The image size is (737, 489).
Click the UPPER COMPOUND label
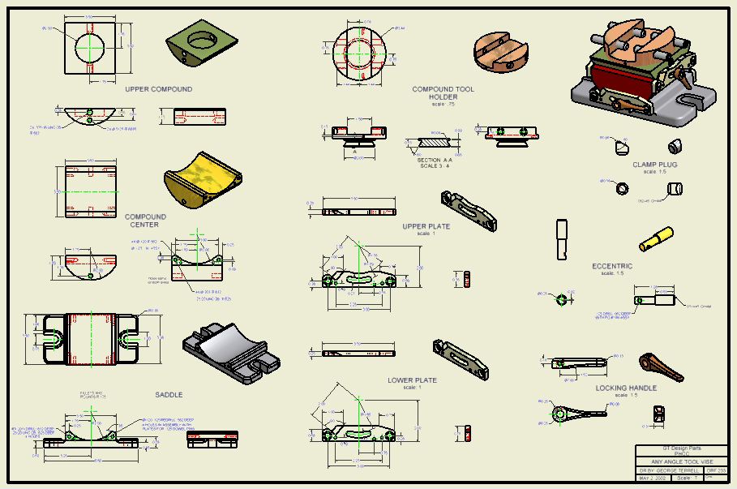[x=159, y=89]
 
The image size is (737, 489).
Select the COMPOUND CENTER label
[x=145, y=221]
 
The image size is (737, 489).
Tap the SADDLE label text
[x=169, y=395]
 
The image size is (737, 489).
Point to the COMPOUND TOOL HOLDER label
[x=443, y=93]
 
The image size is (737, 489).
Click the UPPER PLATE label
[x=426, y=226]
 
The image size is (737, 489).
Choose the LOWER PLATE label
[x=412, y=380]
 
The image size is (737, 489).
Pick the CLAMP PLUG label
[x=654, y=165]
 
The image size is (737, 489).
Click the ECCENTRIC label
[x=612, y=266]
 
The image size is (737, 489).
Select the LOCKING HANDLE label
[x=626, y=388]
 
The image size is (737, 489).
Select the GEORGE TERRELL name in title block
[x=677, y=470]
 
